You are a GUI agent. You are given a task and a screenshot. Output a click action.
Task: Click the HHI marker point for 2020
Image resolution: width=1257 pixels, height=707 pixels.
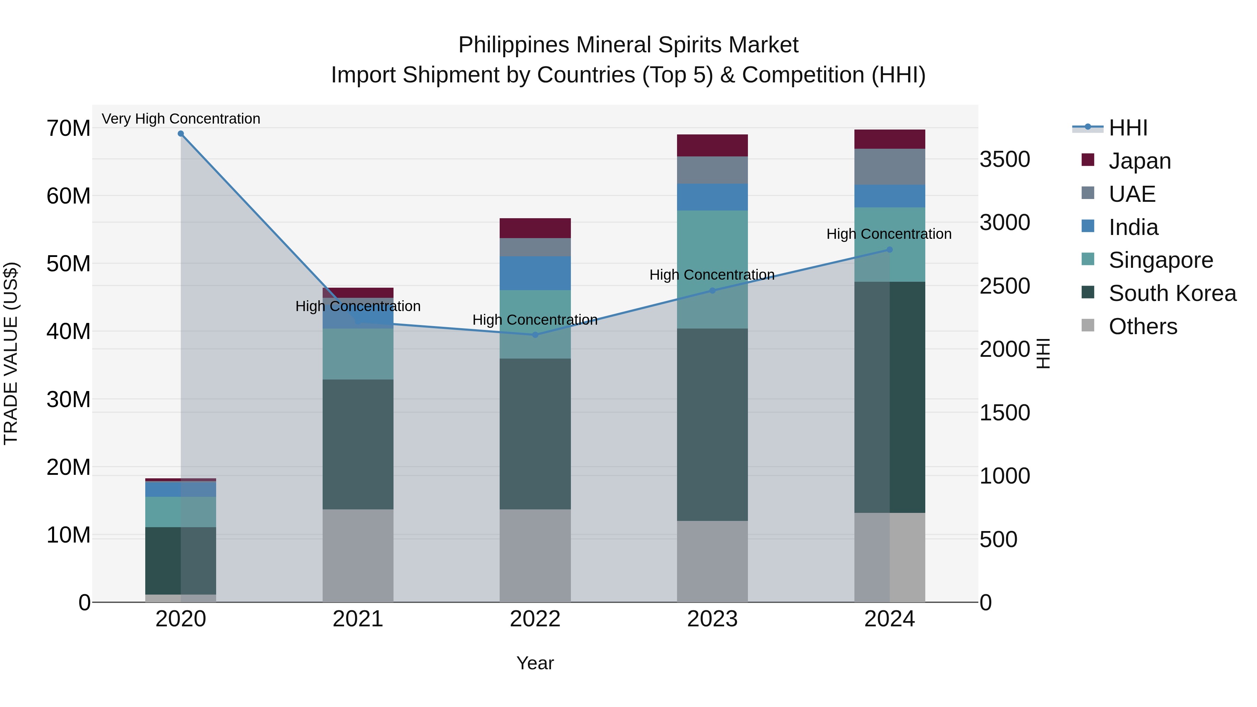181,134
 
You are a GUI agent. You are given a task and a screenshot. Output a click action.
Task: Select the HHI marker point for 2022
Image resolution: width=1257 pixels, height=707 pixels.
535,335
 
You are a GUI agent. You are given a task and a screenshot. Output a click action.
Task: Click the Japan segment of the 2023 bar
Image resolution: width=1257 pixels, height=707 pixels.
712,145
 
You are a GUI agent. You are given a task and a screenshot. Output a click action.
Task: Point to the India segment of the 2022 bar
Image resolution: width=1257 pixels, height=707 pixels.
535,273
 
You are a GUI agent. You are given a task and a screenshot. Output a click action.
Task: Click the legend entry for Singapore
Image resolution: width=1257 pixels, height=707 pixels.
1160,260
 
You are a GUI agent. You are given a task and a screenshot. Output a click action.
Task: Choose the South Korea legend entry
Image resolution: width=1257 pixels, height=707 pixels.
1172,293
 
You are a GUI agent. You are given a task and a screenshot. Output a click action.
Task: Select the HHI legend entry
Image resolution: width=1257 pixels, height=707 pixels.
1128,128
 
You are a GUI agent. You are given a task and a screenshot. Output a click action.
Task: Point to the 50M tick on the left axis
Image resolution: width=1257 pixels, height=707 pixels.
68,264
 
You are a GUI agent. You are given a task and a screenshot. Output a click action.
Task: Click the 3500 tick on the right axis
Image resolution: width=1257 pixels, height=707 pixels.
1005,160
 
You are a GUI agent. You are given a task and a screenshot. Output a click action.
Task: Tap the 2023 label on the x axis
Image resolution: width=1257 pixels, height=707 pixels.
712,619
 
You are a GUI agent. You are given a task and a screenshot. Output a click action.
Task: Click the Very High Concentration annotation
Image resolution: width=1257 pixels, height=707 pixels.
181,119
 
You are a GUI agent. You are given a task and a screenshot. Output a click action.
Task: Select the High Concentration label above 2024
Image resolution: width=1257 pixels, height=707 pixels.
889,234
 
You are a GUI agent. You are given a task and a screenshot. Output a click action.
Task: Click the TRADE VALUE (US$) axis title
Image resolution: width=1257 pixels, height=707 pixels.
11,353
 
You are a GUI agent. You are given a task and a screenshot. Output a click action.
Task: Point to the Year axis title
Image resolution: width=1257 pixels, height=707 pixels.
535,663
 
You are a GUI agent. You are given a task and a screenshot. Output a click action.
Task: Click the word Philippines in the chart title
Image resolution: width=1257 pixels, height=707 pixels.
514,45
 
